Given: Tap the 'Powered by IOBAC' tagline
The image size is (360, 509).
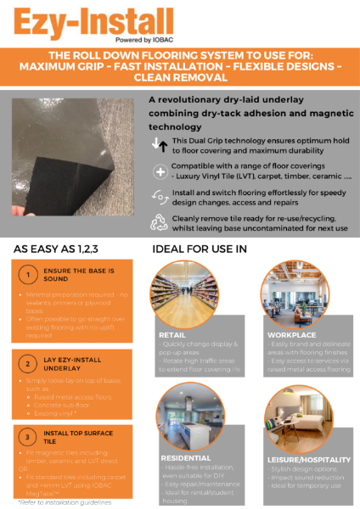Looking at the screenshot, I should click(x=129, y=39).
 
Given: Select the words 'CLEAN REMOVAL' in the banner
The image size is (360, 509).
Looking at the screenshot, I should click(x=179, y=76).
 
